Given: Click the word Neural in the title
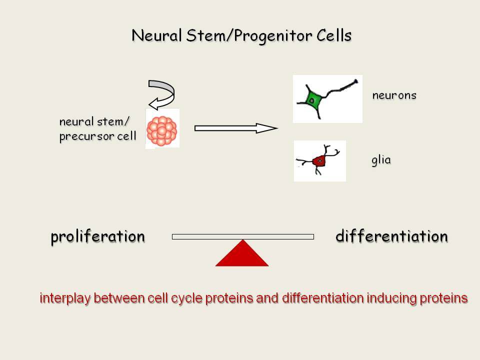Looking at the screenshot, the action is tap(156, 35).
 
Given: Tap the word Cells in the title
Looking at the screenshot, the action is tap(334, 35).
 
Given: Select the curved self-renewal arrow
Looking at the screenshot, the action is tap(161, 95).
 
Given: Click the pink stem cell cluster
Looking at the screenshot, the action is tap(162, 130).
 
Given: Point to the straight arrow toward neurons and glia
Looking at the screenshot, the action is tap(236, 128).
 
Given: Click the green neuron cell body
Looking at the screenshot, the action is tap(312, 99).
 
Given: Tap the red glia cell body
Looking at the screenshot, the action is tap(319, 160).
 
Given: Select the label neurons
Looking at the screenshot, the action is tap(394, 95).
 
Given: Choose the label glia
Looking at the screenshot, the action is tap(381, 160).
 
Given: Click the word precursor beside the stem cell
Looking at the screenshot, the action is tap(87, 136).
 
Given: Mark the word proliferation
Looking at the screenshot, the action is tap(97, 236).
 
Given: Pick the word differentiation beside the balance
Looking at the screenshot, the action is tap(391, 236).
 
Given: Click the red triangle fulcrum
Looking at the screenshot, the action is tap(242, 253).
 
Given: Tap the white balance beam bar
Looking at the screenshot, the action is tap(243, 236).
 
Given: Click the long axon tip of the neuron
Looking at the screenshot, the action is tap(356, 81).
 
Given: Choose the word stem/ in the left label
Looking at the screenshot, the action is tap(113, 122).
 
